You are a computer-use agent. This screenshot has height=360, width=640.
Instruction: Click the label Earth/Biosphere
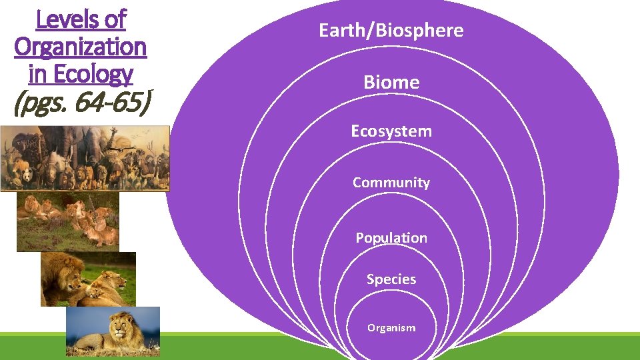[391, 31]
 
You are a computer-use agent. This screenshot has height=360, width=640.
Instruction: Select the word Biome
[391, 83]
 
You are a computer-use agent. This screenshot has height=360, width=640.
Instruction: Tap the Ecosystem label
[391, 131]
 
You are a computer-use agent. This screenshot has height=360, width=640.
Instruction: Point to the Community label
[391, 183]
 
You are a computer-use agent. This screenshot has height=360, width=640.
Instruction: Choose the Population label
[391, 238]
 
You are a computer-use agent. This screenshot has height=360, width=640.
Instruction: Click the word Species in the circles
[391, 279]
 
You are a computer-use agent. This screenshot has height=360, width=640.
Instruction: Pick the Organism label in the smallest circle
[391, 328]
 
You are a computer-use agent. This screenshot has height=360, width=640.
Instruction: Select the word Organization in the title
[80, 47]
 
